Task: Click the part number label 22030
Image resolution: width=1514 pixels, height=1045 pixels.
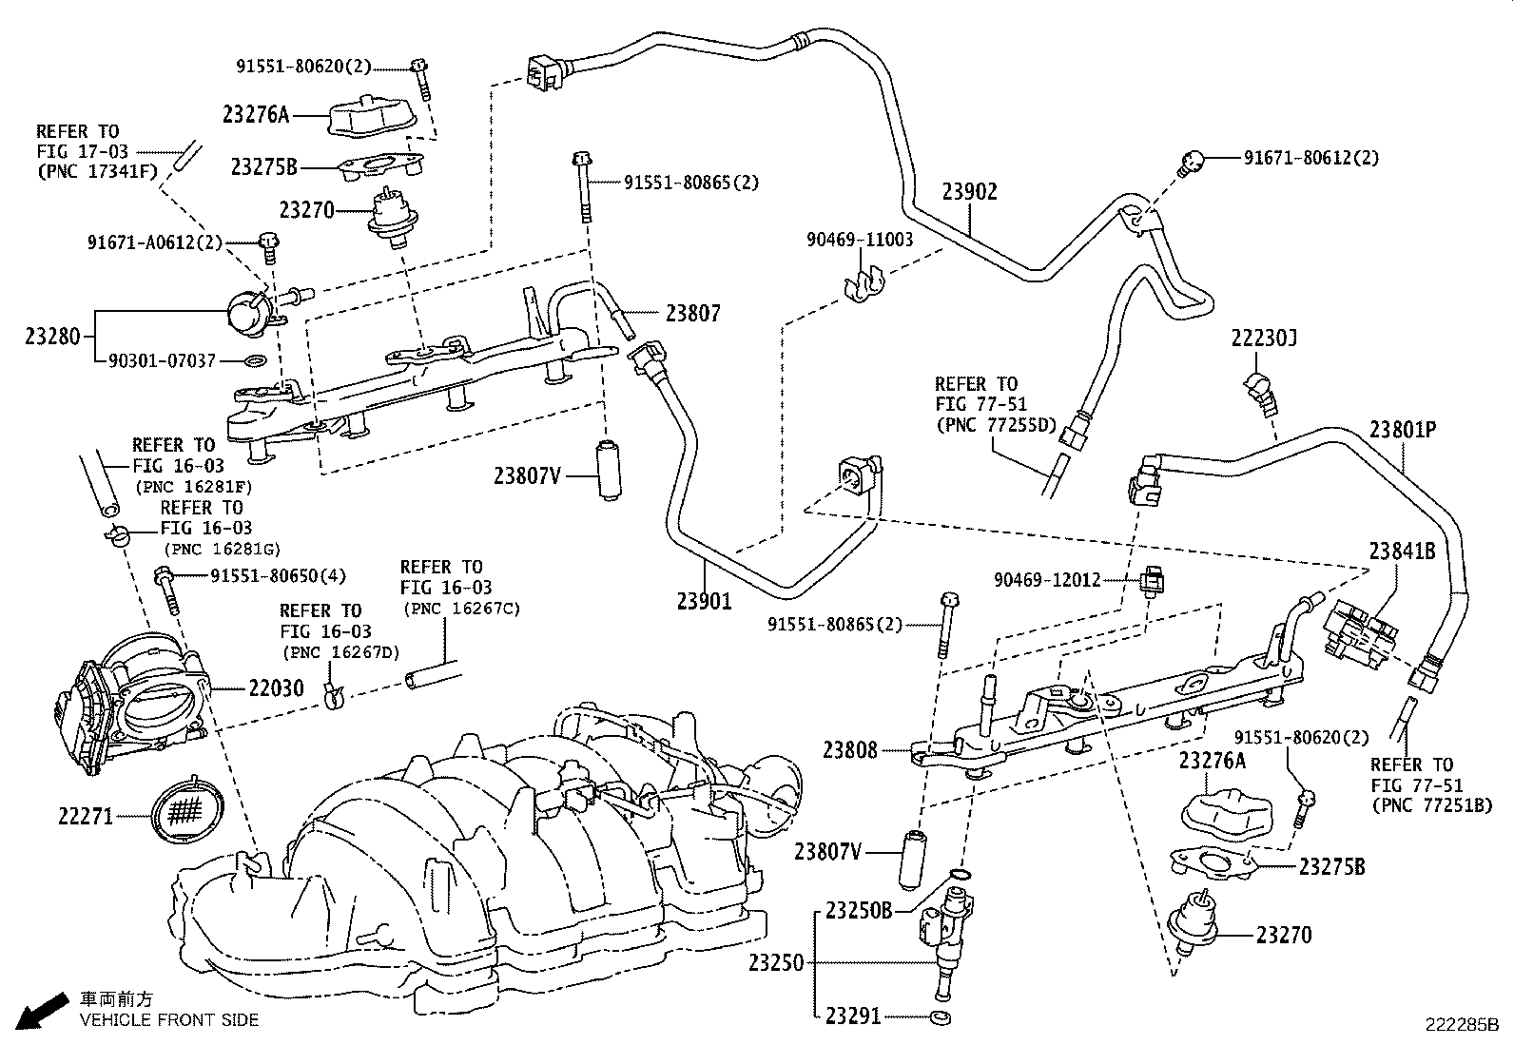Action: (276, 688)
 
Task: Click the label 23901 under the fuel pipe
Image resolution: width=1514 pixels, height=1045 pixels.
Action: (705, 601)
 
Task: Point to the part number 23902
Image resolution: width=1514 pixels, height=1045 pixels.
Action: (970, 192)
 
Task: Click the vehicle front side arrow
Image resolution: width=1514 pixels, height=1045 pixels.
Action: (42, 1011)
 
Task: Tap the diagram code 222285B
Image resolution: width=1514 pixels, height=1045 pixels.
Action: (1462, 1025)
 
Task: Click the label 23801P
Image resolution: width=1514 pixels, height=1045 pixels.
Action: (1403, 430)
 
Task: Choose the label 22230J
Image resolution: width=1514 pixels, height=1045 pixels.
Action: (1263, 338)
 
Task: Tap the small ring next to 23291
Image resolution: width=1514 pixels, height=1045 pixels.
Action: (941, 1016)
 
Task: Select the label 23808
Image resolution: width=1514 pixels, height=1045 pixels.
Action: (849, 750)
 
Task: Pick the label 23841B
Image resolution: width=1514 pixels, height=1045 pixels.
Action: (1403, 552)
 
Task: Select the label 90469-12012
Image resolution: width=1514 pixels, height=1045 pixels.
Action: (1047, 580)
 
